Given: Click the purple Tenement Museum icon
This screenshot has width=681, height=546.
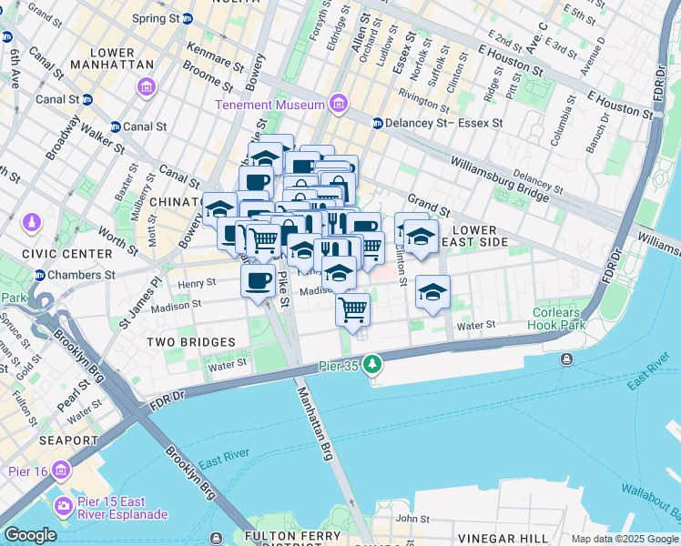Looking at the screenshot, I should pos(339,105).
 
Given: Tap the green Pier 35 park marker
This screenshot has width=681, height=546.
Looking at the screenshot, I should pos(371,365).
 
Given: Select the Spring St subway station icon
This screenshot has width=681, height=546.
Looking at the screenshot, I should pos(188,18).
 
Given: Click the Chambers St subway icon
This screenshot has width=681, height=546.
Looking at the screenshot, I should pos(40,275).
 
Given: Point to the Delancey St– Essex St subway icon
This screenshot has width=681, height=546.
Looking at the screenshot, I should pos(377,123).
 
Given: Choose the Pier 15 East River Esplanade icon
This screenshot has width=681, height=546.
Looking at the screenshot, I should pos(64,505).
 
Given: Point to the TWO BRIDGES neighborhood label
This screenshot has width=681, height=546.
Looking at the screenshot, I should pos(192,342).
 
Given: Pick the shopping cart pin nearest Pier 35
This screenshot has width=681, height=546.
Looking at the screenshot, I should pos(352,309).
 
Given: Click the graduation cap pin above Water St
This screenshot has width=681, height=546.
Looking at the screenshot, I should pos(432,291).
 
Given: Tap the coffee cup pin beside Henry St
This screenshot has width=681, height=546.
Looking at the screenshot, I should pos(259,279).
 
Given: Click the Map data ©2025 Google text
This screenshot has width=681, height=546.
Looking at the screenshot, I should pos(625,539).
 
